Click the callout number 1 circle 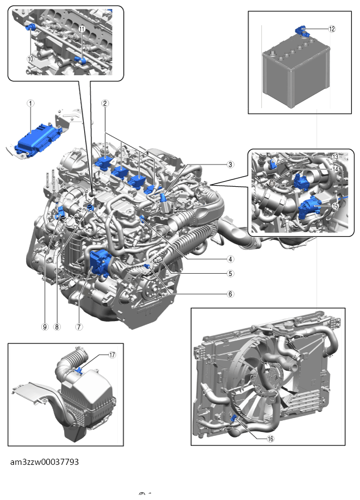click(x=31, y=103)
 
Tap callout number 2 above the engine click(x=105, y=103)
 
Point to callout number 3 click(x=230, y=164)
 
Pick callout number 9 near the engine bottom click(x=45, y=327)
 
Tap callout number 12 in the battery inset click(x=332, y=29)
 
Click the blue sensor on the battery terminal click(x=301, y=31)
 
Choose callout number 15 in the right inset click(x=335, y=206)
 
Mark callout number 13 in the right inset click(x=335, y=157)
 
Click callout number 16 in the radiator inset click(x=271, y=439)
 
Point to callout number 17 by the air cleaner click(x=112, y=355)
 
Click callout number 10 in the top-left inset click(x=30, y=58)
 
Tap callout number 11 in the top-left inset click(x=82, y=29)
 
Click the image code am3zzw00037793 click(x=45, y=462)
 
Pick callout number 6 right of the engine click(x=230, y=294)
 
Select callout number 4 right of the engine click(x=230, y=259)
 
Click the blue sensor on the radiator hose click(x=233, y=418)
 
